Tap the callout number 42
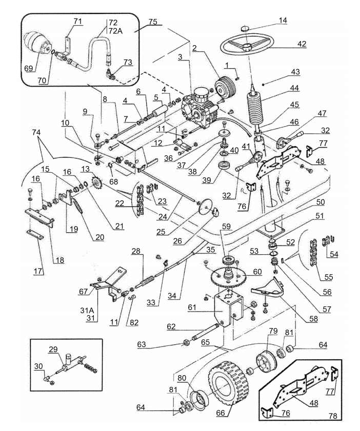point(302,44)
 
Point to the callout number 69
point(29,68)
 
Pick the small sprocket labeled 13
point(96,182)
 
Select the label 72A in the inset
point(115,31)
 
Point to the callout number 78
point(333,416)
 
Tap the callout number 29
point(53,349)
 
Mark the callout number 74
point(36,133)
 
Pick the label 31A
point(87,311)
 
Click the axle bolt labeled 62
point(206,333)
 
